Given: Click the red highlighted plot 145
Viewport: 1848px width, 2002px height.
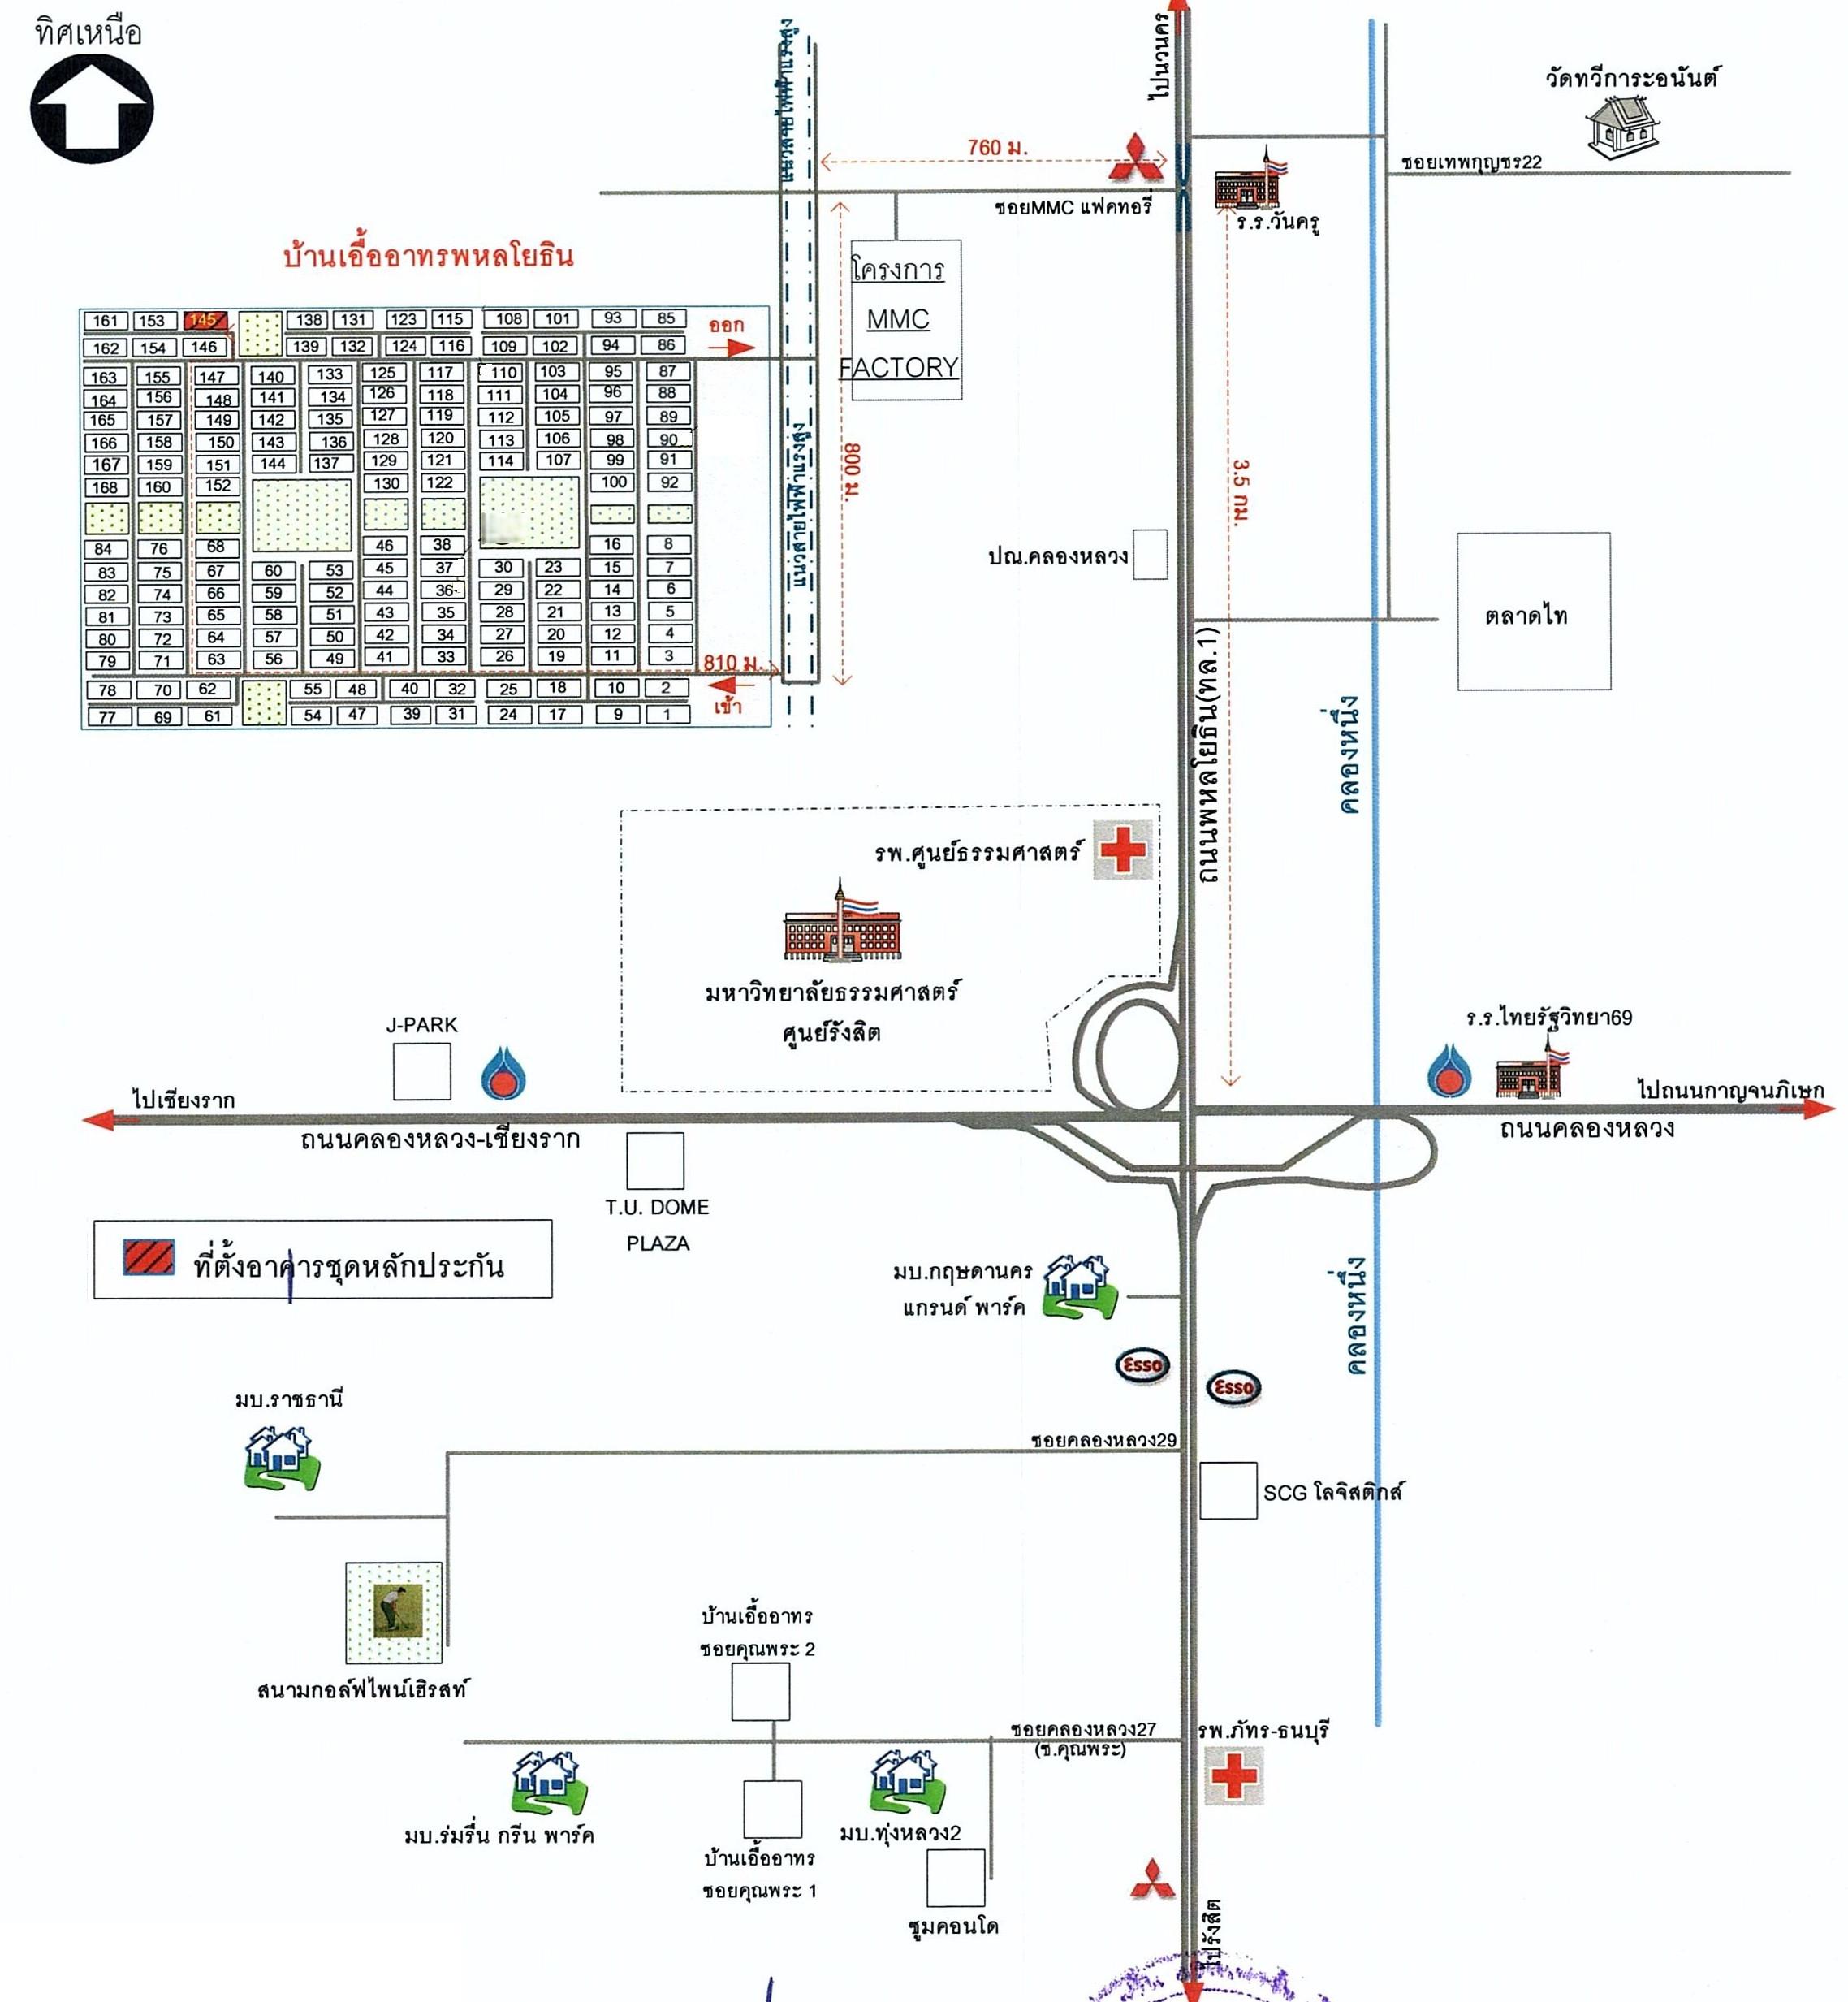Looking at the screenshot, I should click(x=204, y=320).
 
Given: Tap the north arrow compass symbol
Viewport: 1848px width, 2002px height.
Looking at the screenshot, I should click(x=92, y=109).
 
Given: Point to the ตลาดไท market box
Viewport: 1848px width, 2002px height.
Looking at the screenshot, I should click(x=1533, y=611).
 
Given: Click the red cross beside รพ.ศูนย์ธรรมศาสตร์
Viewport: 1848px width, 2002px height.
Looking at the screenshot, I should click(x=1122, y=850).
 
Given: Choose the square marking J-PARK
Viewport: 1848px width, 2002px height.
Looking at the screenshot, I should click(x=421, y=1071).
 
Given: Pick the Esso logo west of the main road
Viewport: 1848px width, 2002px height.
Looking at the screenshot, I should click(x=1142, y=1365).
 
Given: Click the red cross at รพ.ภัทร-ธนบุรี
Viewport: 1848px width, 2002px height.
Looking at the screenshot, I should click(x=1234, y=1776).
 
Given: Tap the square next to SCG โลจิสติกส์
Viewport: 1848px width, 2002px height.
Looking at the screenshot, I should click(x=1228, y=1491).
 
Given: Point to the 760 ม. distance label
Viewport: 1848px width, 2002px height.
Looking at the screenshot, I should click(x=997, y=148).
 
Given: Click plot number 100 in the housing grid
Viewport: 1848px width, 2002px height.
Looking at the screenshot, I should click(x=614, y=482).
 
